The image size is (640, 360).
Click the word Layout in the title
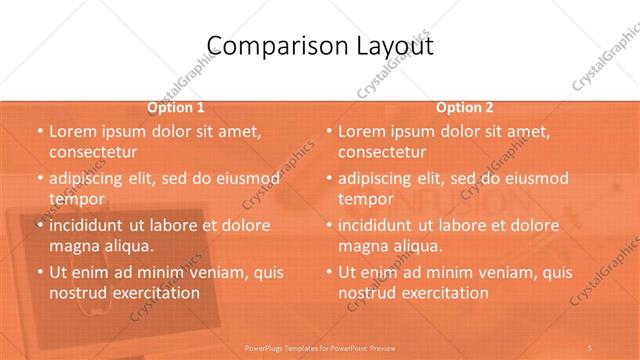click(392, 46)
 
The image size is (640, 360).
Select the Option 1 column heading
click(176, 108)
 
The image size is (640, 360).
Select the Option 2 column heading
click(465, 108)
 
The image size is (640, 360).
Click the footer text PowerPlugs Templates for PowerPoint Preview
click(320, 348)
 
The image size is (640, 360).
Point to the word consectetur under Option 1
click(92, 152)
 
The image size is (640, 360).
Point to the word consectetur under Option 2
click(382, 152)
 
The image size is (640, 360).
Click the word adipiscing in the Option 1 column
click(90, 179)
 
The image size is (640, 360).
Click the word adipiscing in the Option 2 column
click(380, 179)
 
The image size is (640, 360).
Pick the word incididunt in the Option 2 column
click(380, 225)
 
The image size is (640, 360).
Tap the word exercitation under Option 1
click(154, 293)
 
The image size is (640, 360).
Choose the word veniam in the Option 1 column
click(212, 272)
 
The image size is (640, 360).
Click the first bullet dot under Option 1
click(39, 132)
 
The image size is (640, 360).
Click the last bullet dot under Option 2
click(329, 272)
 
